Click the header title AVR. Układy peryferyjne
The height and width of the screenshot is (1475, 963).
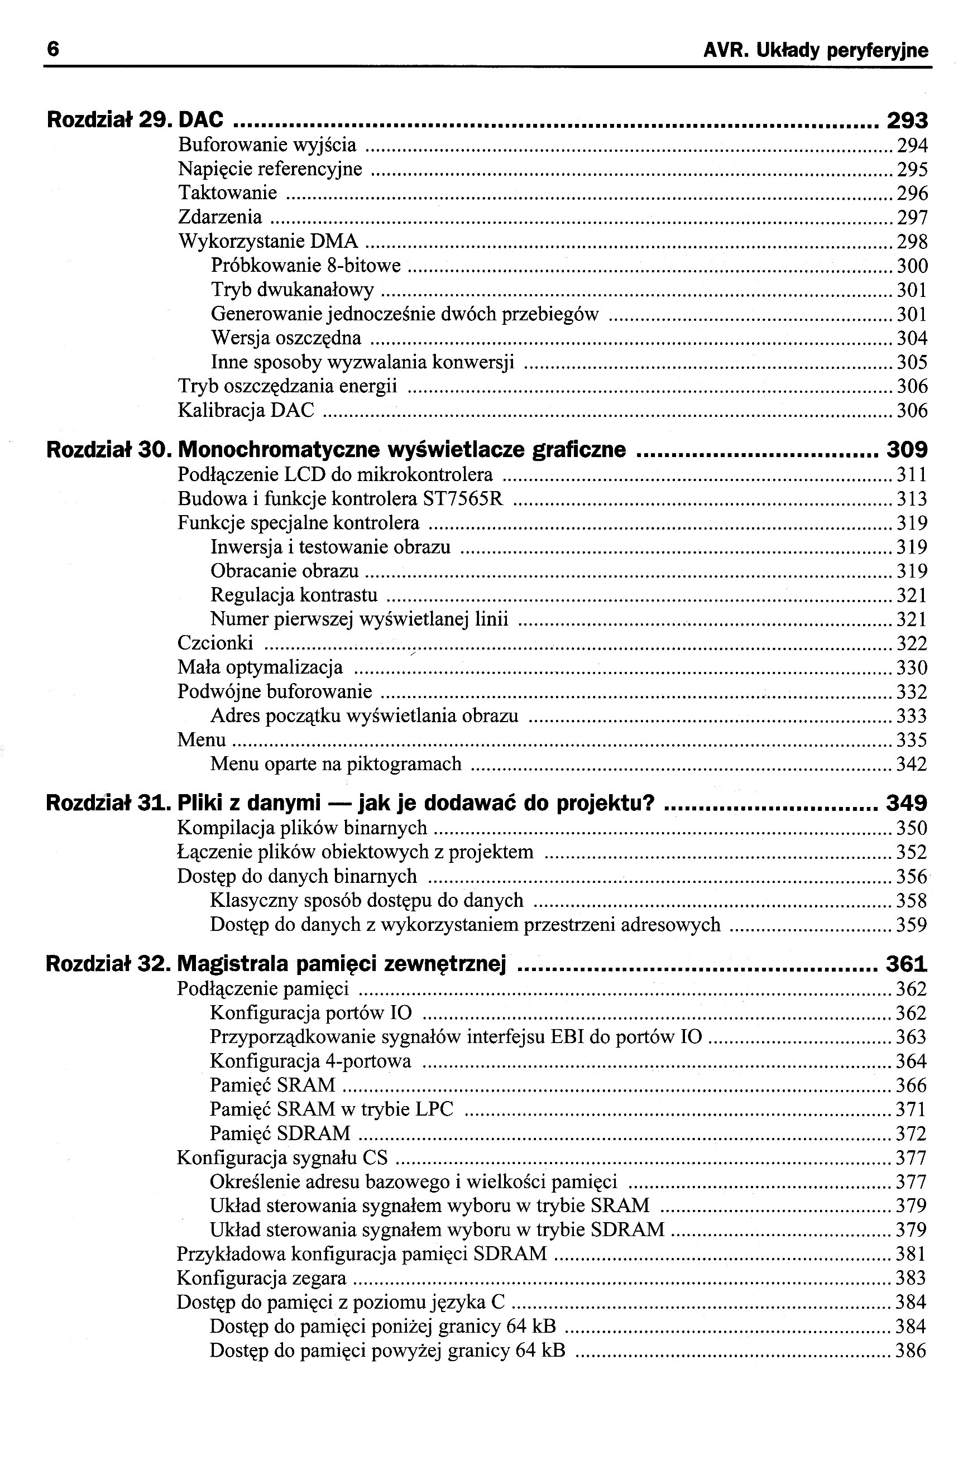click(816, 50)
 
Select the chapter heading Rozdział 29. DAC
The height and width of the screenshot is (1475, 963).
click(136, 119)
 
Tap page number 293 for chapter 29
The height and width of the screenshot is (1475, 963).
click(907, 120)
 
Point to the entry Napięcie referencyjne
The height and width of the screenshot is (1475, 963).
click(270, 169)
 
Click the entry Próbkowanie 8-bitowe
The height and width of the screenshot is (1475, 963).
click(306, 266)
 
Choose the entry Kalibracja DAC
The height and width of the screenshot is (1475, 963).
click(246, 410)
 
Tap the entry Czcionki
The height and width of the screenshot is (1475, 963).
click(215, 643)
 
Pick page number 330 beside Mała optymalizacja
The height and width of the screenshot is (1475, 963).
click(912, 668)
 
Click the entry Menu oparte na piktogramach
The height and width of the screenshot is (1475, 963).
click(336, 764)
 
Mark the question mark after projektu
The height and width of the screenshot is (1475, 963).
click(648, 803)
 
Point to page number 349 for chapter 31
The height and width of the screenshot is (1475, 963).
click(907, 804)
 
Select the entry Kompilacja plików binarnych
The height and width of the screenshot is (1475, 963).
click(302, 828)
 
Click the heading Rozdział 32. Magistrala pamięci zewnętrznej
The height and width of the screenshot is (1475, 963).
click(276, 964)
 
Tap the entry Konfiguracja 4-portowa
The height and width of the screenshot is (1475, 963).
click(310, 1061)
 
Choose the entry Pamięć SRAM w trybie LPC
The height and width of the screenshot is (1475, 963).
click(331, 1109)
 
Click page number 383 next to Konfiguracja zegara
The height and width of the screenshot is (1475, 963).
click(911, 1279)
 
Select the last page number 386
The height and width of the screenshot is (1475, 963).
click(911, 1351)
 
